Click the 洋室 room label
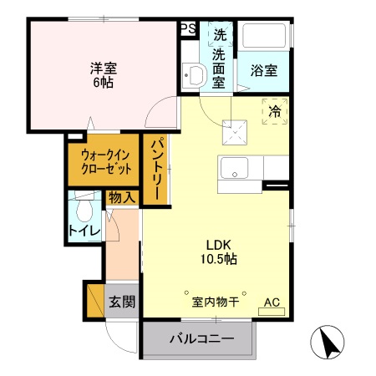(103, 69)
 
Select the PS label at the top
(188, 28)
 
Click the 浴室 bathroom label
(263, 71)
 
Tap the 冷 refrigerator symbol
(273, 109)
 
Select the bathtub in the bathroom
(264, 38)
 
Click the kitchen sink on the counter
(235, 168)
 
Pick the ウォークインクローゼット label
(106, 160)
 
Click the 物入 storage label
(121, 198)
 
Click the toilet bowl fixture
(84, 207)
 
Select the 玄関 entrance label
(121, 301)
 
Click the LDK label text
(218, 244)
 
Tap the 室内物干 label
(216, 302)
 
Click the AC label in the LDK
(272, 302)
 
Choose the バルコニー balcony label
(199, 339)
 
